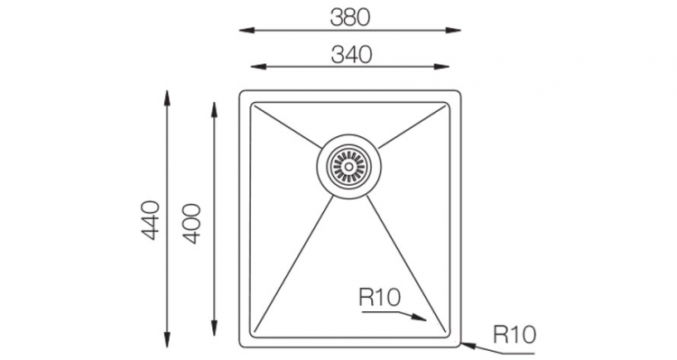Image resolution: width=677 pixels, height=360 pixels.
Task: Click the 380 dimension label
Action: (x=350, y=18)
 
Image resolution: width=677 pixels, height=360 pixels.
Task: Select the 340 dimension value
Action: (x=351, y=55)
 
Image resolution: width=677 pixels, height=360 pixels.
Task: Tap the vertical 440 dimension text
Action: (x=151, y=220)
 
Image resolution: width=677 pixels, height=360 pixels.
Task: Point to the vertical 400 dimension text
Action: (x=191, y=224)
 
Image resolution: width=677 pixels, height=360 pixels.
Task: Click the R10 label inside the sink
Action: (x=380, y=298)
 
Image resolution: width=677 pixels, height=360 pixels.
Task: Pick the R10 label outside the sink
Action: (x=515, y=335)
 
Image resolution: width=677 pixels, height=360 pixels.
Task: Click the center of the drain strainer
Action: (x=348, y=166)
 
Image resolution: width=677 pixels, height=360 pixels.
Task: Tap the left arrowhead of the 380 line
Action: (x=246, y=30)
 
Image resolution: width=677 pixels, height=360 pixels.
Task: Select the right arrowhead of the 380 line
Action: (x=453, y=30)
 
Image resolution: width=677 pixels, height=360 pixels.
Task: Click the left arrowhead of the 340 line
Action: (x=258, y=67)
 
